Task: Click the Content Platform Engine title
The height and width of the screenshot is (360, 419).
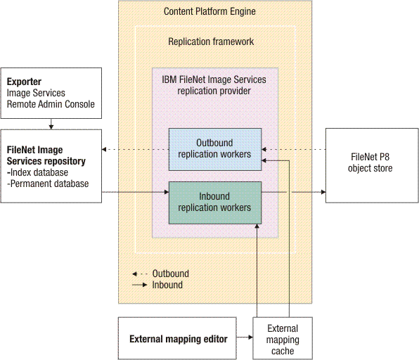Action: point(209,11)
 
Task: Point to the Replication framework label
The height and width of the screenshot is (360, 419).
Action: point(211,42)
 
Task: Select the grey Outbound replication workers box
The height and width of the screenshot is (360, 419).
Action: point(214,149)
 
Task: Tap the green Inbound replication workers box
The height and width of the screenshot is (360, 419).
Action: point(214,202)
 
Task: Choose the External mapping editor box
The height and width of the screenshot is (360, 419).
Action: point(178,339)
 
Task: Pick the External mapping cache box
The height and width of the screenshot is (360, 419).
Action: point(283,339)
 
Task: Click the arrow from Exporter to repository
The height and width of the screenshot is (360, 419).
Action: point(51,124)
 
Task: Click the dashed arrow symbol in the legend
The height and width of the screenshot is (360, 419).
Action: point(140,274)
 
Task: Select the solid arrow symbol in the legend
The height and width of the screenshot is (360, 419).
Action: point(140,285)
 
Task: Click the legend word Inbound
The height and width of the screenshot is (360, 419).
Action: point(167,285)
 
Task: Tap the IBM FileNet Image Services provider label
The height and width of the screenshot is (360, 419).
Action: point(214,85)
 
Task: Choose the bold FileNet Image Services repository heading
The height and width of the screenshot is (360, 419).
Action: point(46,155)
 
